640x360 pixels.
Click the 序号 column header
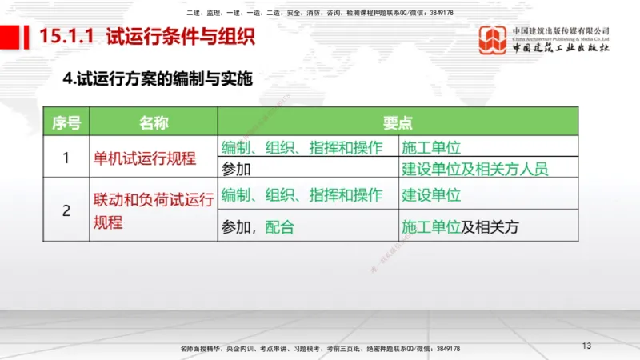66,122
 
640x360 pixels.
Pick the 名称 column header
153,122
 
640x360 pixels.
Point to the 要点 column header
398,122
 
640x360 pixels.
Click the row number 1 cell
66,158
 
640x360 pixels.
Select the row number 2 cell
66,211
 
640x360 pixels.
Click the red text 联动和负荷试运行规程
152,211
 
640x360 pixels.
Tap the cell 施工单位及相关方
460,226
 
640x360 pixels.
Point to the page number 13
586,346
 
